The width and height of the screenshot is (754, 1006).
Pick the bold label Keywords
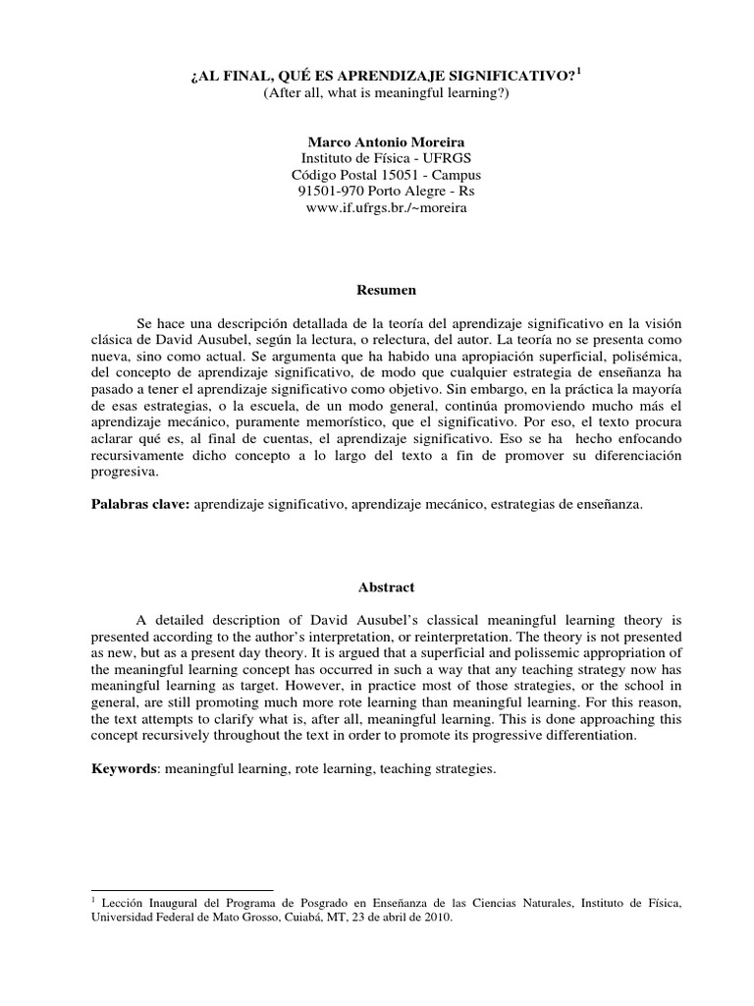(x=125, y=770)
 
